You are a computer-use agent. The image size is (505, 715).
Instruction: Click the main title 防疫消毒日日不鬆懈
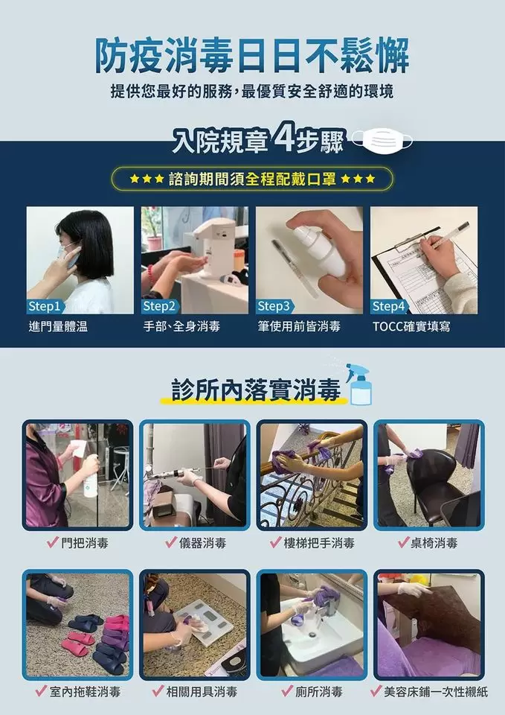pyautogui.click(x=252, y=55)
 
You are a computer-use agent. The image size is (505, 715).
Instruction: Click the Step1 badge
pyautogui.click(x=45, y=306)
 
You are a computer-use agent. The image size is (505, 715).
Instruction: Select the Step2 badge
pyautogui.click(x=160, y=306)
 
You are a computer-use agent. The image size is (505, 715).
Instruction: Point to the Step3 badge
pyautogui.click(x=274, y=306)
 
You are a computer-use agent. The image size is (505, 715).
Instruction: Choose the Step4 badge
pyautogui.click(x=389, y=306)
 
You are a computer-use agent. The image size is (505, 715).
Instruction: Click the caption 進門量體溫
pyautogui.click(x=58, y=326)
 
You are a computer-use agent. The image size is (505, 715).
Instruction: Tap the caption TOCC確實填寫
pyautogui.click(x=411, y=326)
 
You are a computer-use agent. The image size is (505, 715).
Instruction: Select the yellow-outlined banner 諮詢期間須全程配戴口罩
pyautogui.click(x=252, y=179)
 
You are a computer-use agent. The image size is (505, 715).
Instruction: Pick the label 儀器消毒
pyautogui.click(x=194, y=543)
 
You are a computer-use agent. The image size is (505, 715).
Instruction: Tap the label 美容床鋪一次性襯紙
pyautogui.click(x=429, y=692)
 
